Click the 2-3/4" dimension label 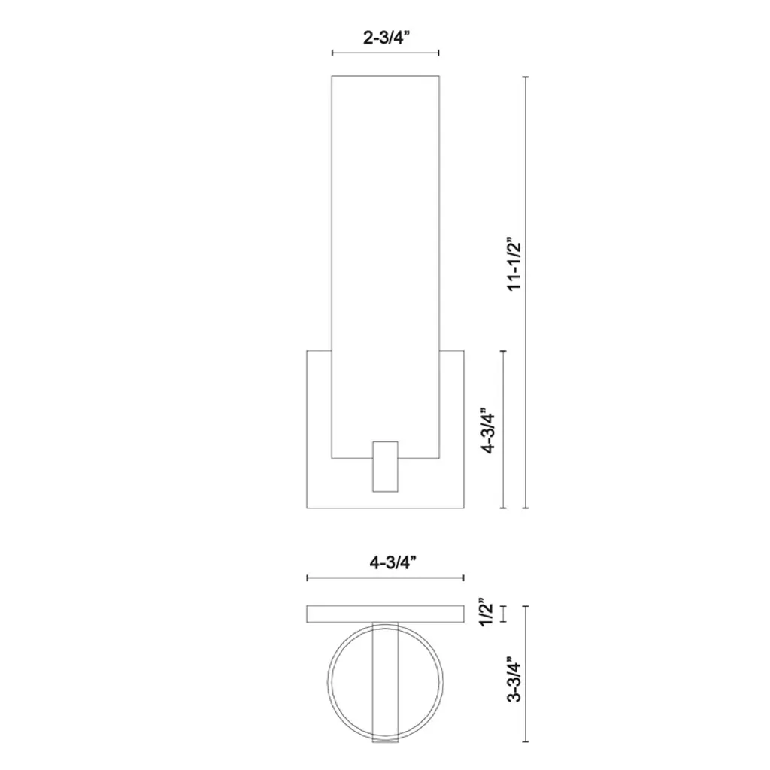tap(386, 38)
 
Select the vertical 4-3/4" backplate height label tap(488, 430)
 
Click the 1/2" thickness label tap(487, 612)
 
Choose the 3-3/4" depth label tap(514, 679)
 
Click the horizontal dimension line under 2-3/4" tap(386, 53)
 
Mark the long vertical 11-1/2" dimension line tap(526, 293)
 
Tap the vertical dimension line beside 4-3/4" tap(503, 429)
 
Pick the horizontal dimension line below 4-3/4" tap(386, 578)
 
